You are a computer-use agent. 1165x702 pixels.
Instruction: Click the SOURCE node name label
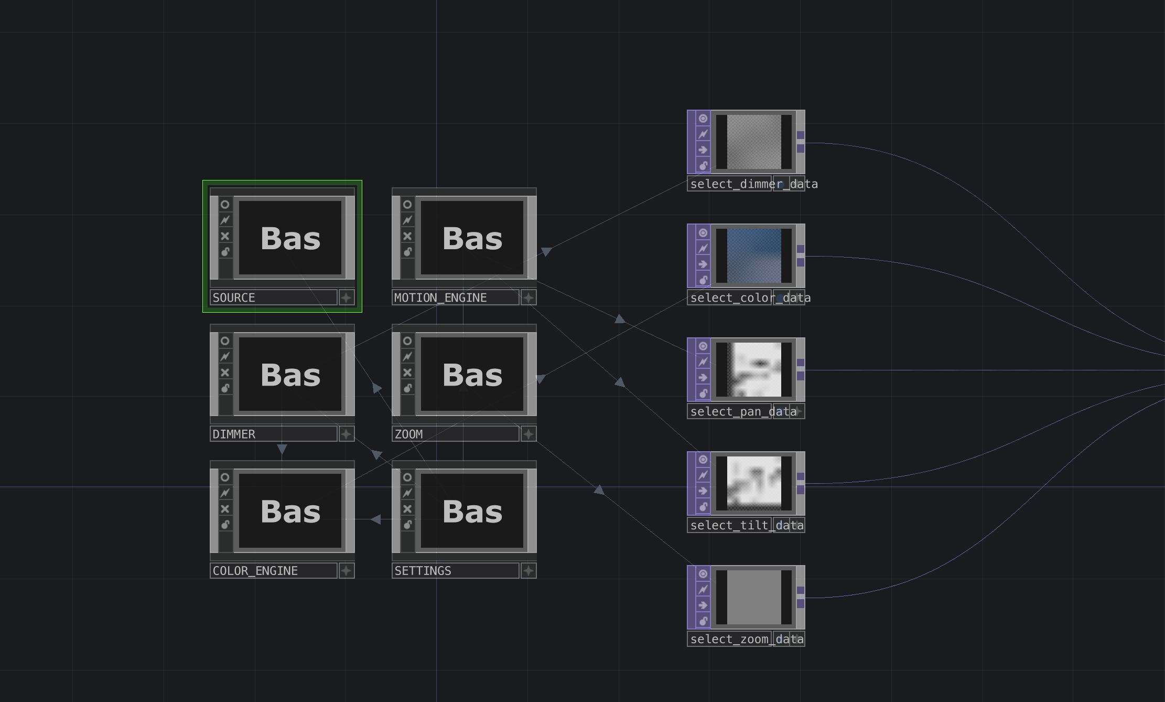pos(273,297)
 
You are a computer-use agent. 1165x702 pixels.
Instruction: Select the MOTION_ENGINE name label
pos(455,297)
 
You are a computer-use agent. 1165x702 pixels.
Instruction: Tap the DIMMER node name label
pos(273,434)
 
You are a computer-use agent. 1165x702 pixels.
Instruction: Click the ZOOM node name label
pos(455,434)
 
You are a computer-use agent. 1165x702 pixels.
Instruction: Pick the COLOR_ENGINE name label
pos(273,571)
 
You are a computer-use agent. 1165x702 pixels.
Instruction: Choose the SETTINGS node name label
pos(455,571)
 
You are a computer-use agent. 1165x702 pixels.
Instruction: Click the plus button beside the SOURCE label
pos(346,297)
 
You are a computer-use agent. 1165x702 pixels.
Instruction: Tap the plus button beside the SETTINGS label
pos(528,571)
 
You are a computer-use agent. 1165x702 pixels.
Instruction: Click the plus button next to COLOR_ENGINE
pos(346,571)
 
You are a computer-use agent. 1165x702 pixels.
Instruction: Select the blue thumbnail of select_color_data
pos(754,256)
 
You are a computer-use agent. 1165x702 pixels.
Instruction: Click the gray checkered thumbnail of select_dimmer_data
pos(754,142)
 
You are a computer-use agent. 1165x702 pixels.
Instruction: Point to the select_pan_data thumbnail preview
pos(754,369)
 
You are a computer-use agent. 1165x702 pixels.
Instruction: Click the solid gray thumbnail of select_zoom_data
pos(754,597)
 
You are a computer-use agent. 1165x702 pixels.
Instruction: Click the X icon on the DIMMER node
pos(225,373)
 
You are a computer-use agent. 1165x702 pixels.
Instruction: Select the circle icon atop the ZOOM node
pos(407,341)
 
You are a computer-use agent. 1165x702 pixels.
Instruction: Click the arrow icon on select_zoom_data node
pos(703,605)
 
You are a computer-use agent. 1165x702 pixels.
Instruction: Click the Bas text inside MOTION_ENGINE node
pos(472,239)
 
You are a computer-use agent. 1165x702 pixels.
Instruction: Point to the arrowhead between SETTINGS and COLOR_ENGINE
pos(375,519)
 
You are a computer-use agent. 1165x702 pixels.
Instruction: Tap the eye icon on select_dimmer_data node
pos(703,119)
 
